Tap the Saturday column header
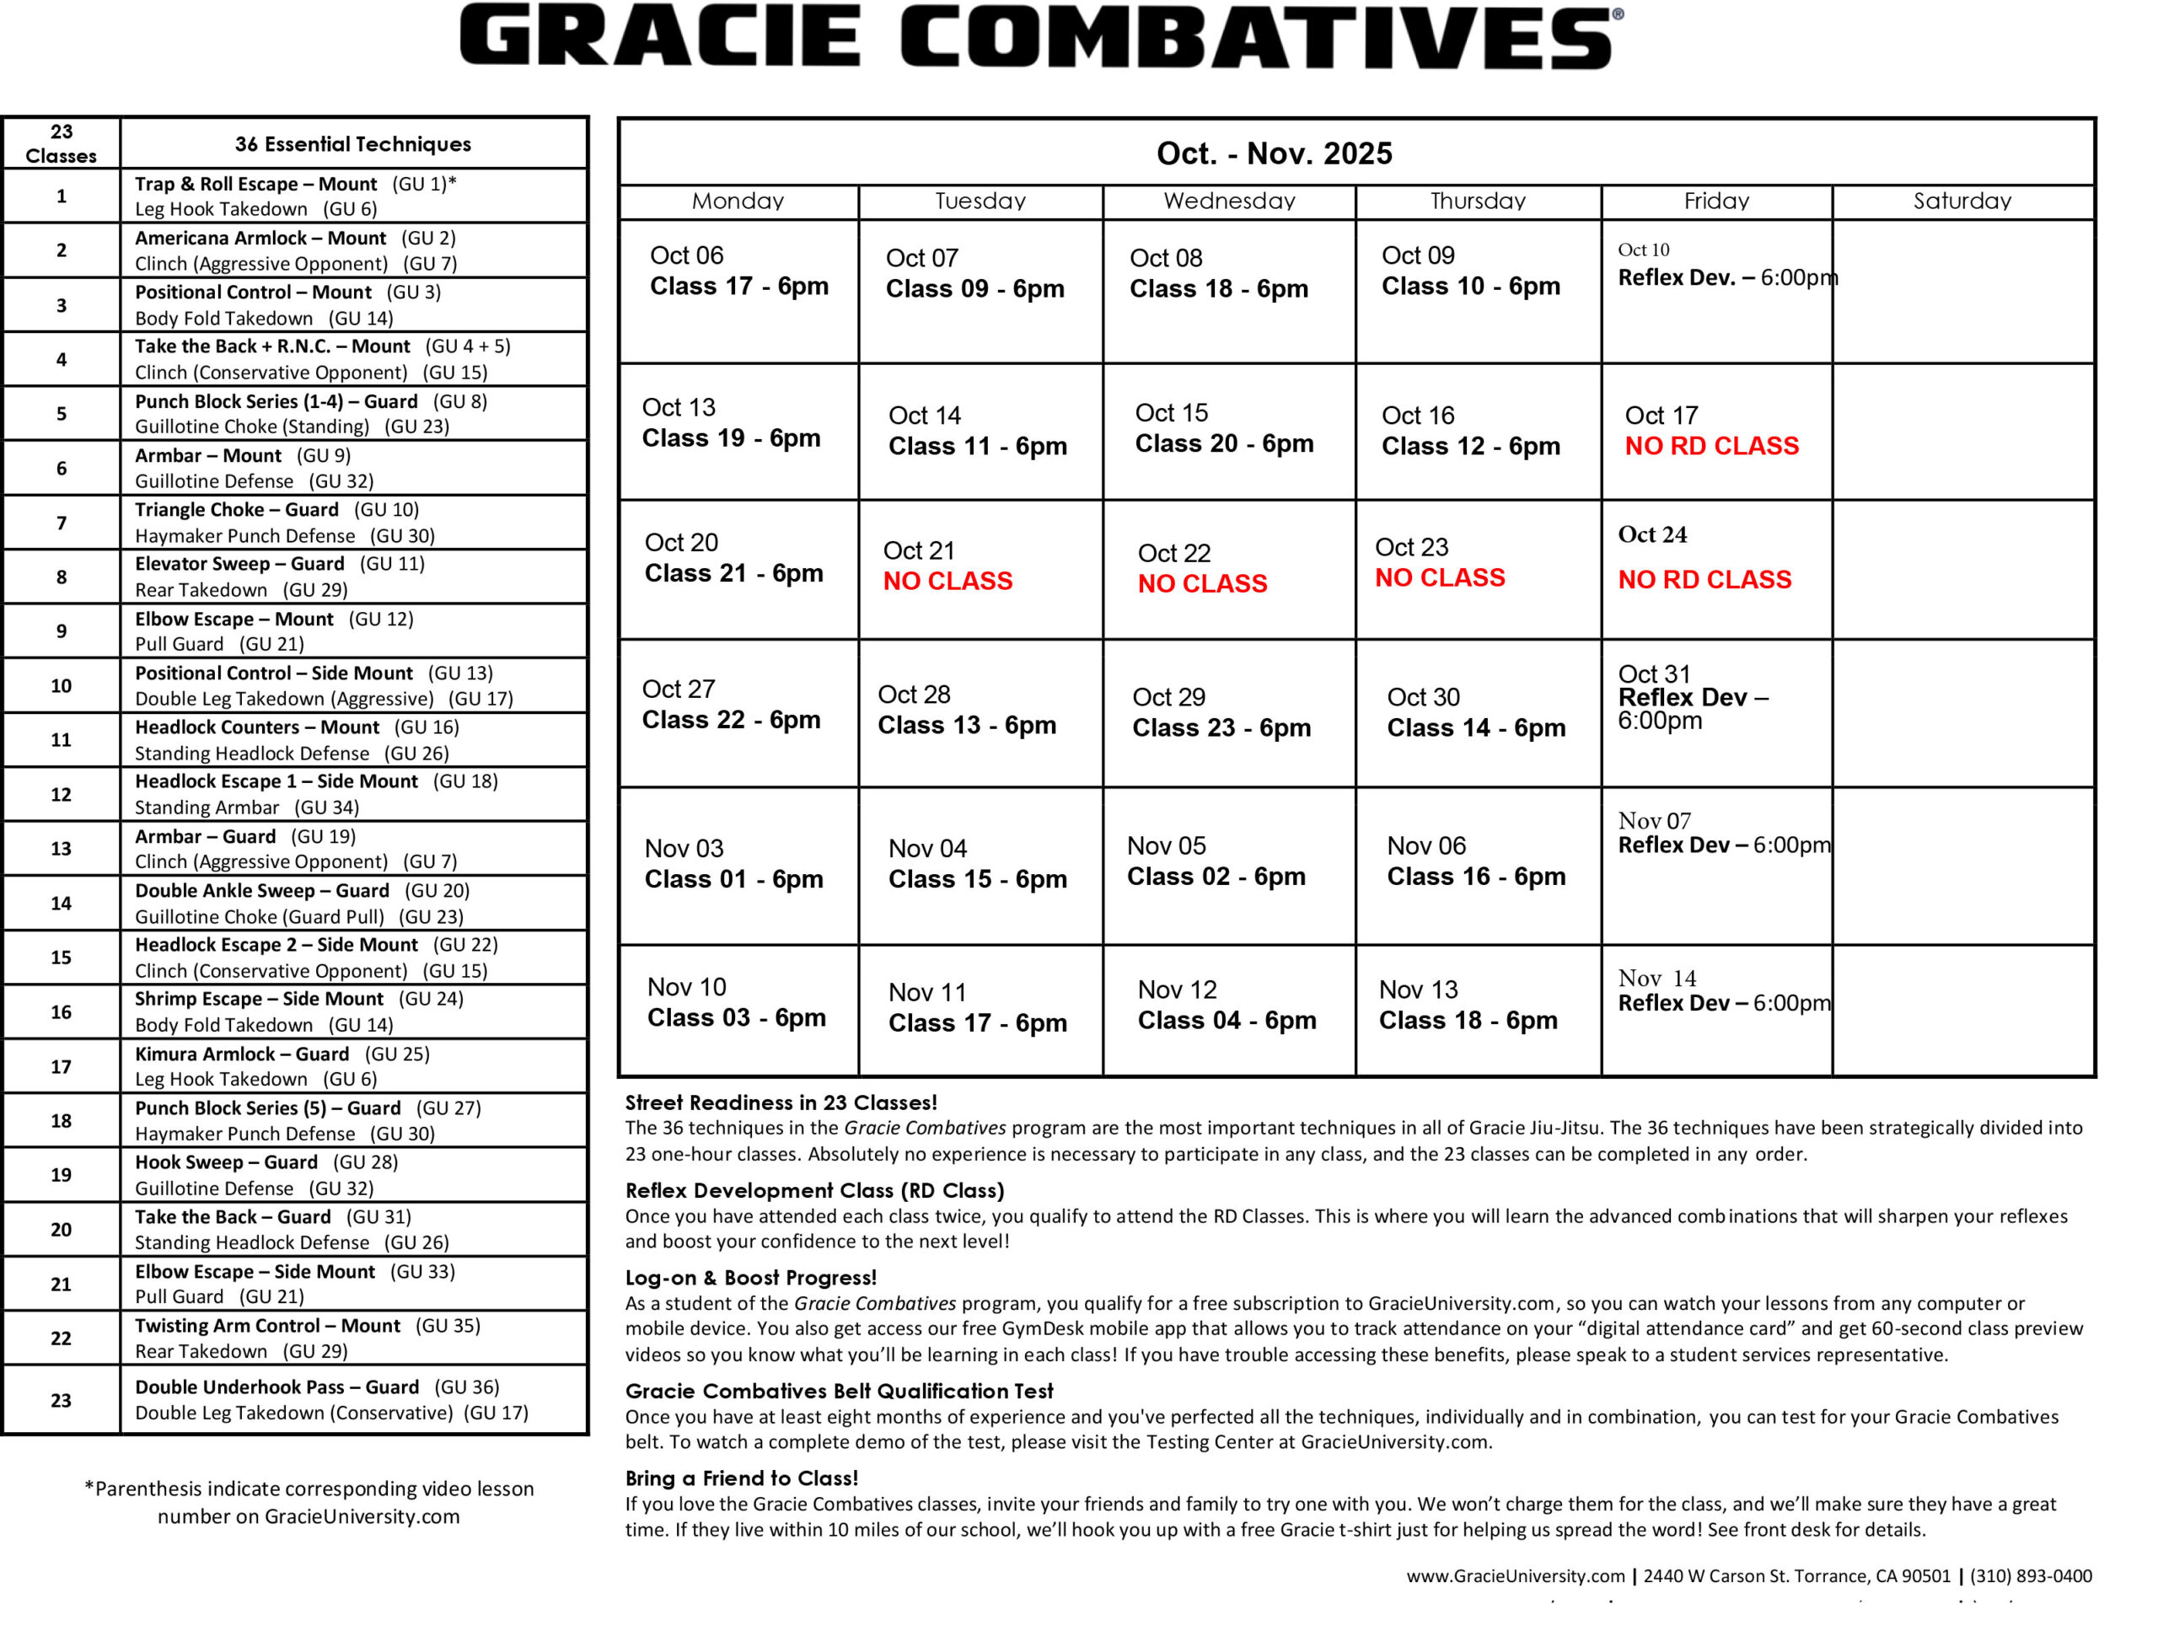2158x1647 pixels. click(1961, 201)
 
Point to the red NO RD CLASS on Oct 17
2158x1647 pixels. click(1711, 446)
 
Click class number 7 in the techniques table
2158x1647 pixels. click(61, 523)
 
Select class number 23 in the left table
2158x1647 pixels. click(61, 1400)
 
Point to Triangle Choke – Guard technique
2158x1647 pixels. click(236, 510)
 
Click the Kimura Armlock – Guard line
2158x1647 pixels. click(241, 1054)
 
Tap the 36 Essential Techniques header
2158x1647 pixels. click(353, 144)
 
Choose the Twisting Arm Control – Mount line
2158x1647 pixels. click(266, 1326)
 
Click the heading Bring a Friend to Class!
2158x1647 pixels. click(741, 1478)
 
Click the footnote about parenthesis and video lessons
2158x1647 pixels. click(309, 1502)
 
